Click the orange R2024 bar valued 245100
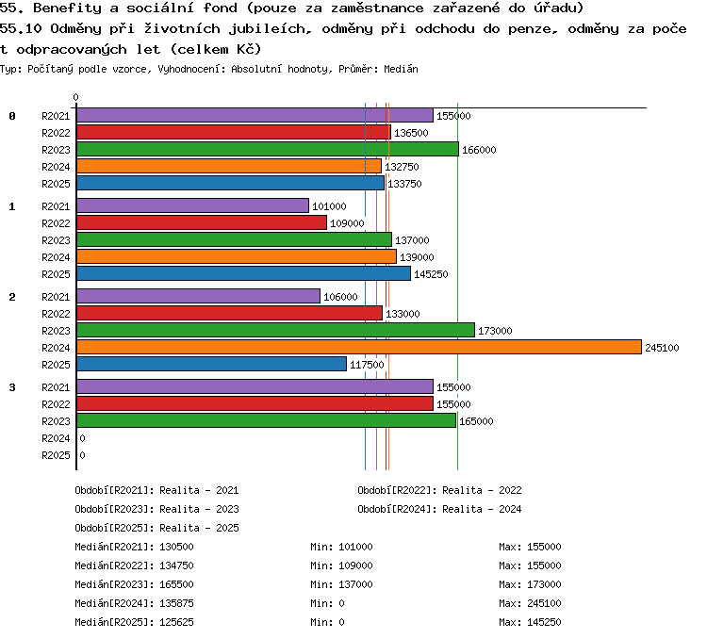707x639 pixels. [359, 347]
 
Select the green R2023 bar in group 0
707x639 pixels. [268, 149]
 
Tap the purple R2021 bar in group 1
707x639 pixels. [192, 205]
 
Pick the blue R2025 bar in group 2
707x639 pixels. [211, 364]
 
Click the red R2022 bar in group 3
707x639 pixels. [255, 403]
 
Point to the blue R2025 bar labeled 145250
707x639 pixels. [243, 273]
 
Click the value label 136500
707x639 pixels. [411, 133]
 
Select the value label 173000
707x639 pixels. [495, 331]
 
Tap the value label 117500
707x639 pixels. [367, 365]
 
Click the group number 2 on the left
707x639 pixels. [12, 297]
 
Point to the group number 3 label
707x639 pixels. [12, 387]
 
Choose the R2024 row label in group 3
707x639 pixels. [56, 438]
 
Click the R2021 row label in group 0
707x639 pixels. [56, 116]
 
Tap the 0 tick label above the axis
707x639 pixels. [75, 97]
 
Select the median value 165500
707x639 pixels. [177, 584]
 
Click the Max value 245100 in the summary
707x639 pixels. [544, 603]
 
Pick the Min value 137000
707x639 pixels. [355, 584]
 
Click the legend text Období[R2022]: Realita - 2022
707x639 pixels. [439, 490]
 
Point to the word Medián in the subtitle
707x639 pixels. [401, 69]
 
